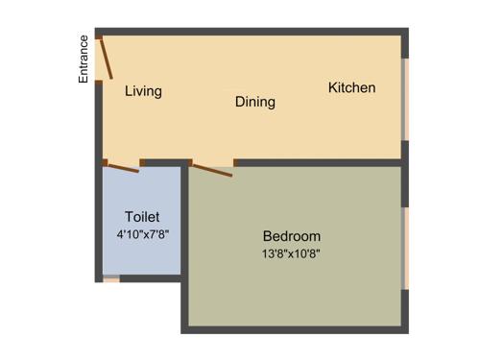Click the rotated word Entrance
(x=84, y=59)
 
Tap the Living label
(x=143, y=91)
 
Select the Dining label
(x=254, y=101)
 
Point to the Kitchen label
(x=351, y=87)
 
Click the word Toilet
(x=142, y=217)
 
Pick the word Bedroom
(x=292, y=236)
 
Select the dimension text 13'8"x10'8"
(x=291, y=254)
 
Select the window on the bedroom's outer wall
(x=405, y=248)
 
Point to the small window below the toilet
(x=111, y=279)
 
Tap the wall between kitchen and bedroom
(x=317, y=163)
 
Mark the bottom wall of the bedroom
(x=293, y=329)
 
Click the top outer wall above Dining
(x=254, y=32)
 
